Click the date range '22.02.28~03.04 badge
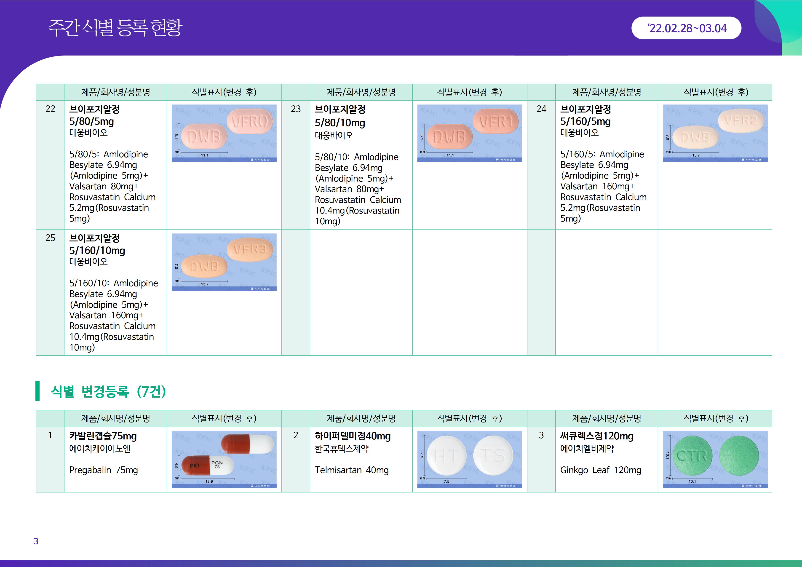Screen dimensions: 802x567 click(686, 28)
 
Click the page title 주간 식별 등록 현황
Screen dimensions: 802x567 click(115, 28)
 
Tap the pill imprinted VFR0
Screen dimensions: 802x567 click(250, 122)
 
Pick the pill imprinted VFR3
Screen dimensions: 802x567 click(250, 249)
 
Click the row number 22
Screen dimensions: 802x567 click(50, 109)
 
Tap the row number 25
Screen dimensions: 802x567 click(50, 238)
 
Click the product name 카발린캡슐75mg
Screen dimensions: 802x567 click(103, 436)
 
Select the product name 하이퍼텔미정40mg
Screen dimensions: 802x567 click(353, 436)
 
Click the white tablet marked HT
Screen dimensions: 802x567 click(447, 456)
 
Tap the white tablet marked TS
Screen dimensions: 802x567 click(493, 456)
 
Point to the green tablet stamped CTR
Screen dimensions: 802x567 click(692, 456)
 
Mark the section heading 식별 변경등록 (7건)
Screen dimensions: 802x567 click(109, 391)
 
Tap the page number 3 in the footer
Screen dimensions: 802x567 click(36, 541)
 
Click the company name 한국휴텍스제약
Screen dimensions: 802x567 click(342, 449)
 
